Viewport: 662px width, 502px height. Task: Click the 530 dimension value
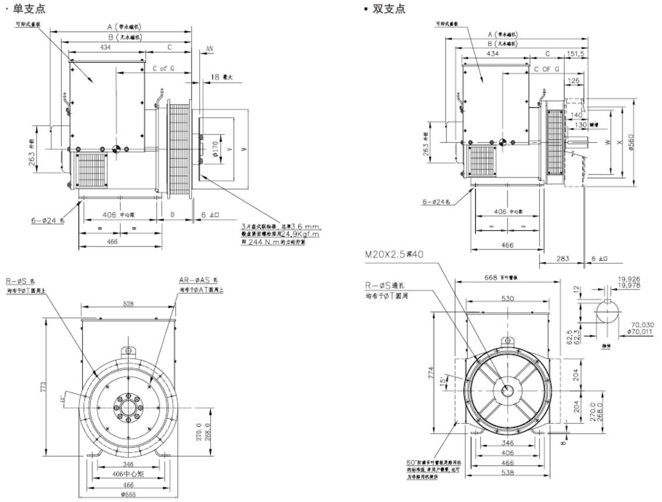coord(507,299)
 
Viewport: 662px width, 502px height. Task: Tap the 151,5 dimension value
coord(575,54)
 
